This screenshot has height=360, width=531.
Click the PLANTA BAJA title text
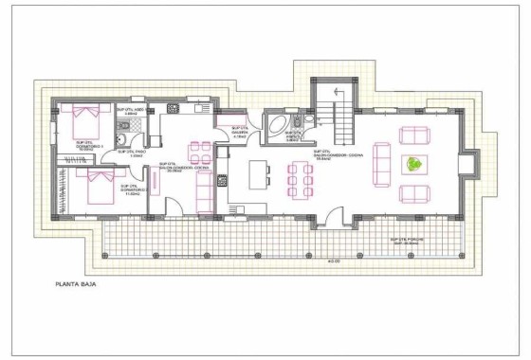pyautogui.click(x=76, y=283)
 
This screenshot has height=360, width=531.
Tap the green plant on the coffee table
pyautogui.click(x=413, y=164)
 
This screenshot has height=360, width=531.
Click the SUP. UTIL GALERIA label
pyautogui.click(x=239, y=133)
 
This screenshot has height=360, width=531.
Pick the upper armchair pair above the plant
pyautogui.click(x=413, y=135)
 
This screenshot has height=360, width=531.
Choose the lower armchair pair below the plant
pyautogui.click(x=413, y=194)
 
